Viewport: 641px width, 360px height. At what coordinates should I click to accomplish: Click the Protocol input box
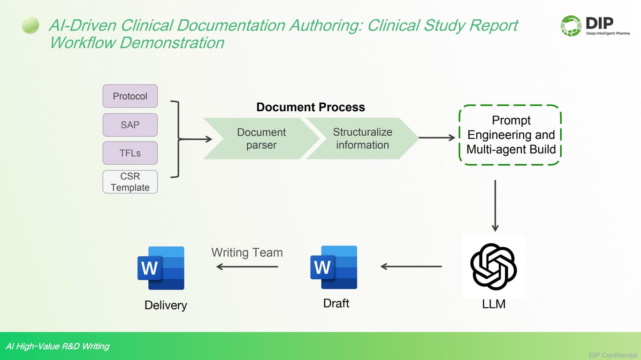pyautogui.click(x=130, y=96)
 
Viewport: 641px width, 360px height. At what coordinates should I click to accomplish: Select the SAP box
pyautogui.click(x=130, y=125)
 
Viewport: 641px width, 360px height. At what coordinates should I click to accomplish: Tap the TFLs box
pyautogui.click(x=130, y=153)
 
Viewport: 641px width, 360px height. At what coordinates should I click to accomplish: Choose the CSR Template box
pyautogui.click(x=130, y=182)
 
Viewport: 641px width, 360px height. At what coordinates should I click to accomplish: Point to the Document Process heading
pyautogui.click(x=310, y=107)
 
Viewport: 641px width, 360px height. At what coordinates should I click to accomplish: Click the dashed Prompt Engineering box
pyautogui.click(x=511, y=135)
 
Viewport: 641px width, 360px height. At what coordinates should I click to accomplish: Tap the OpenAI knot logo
pyautogui.click(x=493, y=266)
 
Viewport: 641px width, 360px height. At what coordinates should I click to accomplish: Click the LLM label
pyautogui.click(x=494, y=304)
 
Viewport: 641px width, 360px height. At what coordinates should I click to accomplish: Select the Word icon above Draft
pyautogui.click(x=334, y=267)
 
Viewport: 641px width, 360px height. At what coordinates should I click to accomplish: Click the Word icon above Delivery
pyautogui.click(x=161, y=268)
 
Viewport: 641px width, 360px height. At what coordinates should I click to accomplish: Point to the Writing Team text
pyautogui.click(x=247, y=253)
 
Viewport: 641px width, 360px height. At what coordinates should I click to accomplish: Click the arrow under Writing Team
pyautogui.click(x=247, y=267)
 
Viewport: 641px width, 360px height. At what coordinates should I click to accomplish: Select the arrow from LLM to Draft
pyautogui.click(x=411, y=267)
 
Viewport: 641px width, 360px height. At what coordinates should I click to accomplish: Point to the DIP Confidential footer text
pyautogui.click(x=613, y=355)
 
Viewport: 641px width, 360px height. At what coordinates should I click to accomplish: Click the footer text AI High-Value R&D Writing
pyautogui.click(x=57, y=346)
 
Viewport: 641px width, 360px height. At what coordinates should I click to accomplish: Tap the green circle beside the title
pyautogui.click(x=31, y=25)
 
